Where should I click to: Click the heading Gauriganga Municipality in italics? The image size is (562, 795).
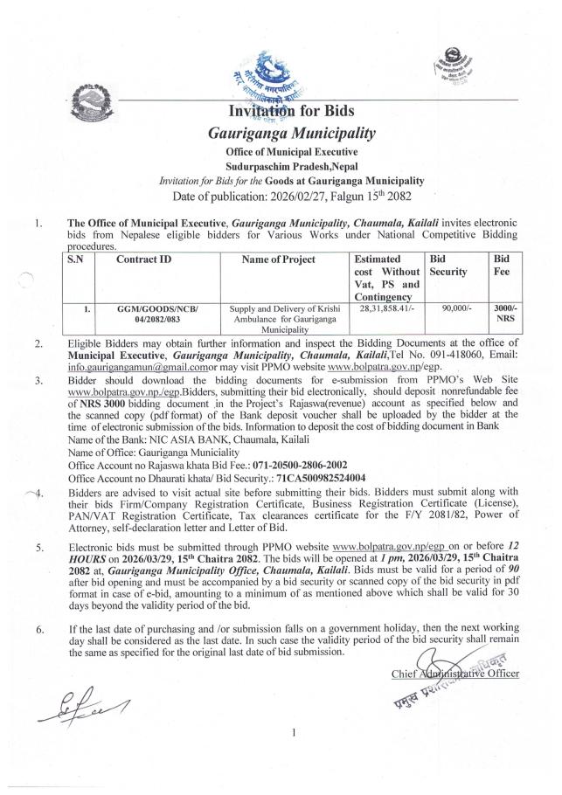tap(291, 134)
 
